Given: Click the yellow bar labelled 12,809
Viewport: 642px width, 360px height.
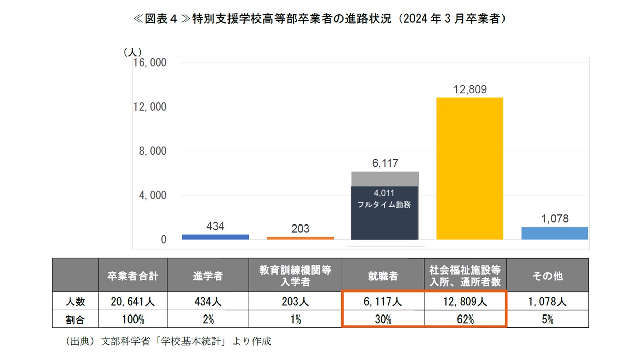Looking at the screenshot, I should click(470, 168).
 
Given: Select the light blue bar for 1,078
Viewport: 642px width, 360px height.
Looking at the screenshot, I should click(555, 233).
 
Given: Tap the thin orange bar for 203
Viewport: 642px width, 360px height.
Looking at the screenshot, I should click(300, 238).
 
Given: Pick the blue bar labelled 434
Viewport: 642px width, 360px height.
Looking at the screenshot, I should click(215, 237).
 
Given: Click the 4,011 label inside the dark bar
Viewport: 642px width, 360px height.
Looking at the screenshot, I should click(384, 193).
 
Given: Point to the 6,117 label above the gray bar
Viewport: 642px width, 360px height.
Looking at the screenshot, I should click(385, 163).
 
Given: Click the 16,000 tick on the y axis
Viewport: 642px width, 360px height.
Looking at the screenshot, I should click(150, 63).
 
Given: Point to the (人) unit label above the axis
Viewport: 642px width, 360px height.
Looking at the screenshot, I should click(132, 52).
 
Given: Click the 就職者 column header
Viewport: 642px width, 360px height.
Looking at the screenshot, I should click(383, 276).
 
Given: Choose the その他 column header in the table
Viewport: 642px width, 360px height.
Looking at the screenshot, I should click(547, 276).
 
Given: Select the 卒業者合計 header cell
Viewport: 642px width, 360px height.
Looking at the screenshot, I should click(132, 276).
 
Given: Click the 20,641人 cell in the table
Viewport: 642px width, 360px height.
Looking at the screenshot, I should click(132, 302).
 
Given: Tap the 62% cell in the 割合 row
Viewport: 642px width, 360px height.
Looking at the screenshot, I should click(465, 319).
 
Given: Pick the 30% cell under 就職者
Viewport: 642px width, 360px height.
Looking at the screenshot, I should click(383, 319).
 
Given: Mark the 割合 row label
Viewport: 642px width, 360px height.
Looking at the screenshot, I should click(75, 319).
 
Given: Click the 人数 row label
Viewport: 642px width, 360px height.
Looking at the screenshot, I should click(75, 302).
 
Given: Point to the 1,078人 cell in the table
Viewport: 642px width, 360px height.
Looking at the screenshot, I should click(547, 302).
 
